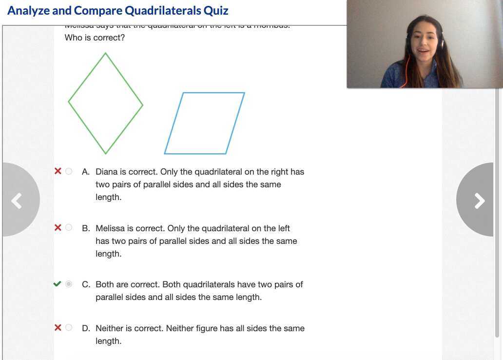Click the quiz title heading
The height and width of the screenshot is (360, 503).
[118, 11]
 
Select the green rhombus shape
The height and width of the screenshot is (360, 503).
[106, 103]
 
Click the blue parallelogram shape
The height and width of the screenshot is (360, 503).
[204, 123]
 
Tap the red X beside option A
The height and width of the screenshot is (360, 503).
[58, 171]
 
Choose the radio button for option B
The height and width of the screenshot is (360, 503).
[69, 228]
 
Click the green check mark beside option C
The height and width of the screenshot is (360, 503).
[58, 284]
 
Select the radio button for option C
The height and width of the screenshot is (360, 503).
[69, 284]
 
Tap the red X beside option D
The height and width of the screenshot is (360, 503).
[58, 328]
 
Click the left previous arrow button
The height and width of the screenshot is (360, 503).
[17, 200]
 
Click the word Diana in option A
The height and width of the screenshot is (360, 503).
[106, 172]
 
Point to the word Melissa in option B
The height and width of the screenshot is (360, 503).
[110, 228]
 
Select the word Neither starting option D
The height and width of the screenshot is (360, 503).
[111, 328]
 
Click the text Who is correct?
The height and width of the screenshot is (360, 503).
[95, 38]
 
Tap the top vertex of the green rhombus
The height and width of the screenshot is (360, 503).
[106, 53]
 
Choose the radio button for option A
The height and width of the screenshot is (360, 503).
[69, 171]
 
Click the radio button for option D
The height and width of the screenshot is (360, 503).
[69, 328]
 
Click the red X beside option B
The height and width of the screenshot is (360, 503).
[58, 228]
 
